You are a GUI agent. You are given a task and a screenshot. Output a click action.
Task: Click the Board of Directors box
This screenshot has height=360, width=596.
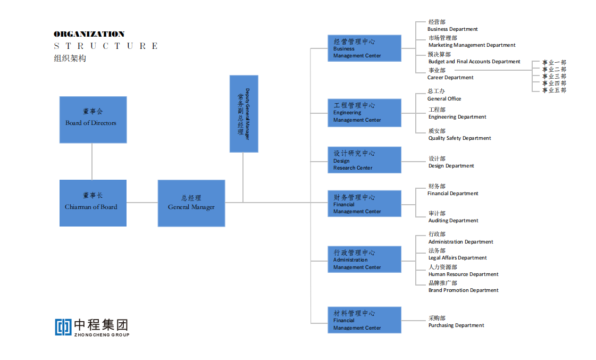click(93, 120)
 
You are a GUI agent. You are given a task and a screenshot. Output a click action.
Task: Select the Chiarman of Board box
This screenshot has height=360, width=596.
click(93, 203)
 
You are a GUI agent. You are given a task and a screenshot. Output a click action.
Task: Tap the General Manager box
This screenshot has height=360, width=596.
click(191, 203)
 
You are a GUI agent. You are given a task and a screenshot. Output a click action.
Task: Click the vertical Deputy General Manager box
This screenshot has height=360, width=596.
click(244, 114)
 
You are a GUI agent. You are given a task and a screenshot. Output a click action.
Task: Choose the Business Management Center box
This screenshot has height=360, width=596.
click(364, 48)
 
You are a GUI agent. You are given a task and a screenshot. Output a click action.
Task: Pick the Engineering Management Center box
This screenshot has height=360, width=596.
click(364, 113)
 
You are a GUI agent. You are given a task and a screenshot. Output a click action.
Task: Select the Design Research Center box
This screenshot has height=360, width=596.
click(364, 160)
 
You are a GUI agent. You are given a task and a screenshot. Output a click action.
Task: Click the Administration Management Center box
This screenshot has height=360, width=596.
click(364, 259)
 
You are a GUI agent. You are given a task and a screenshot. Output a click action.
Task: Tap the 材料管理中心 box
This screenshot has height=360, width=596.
click(364, 320)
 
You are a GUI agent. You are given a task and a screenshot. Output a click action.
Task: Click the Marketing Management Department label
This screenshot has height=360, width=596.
click(472, 45)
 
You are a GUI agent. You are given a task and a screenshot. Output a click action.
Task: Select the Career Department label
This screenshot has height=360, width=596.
click(450, 78)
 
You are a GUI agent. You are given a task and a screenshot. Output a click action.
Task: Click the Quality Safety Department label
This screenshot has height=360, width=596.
click(459, 138)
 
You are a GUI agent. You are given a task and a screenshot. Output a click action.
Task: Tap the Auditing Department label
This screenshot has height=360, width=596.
click(453, 221)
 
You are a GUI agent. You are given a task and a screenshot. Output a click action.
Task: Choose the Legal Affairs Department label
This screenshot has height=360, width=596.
click(457, 258)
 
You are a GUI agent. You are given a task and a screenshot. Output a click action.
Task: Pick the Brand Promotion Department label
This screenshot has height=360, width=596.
click(463, 290)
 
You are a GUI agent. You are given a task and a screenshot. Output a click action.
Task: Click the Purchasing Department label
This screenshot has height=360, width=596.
click(456, 325)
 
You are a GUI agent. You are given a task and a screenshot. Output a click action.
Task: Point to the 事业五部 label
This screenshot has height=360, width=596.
click(554, 90)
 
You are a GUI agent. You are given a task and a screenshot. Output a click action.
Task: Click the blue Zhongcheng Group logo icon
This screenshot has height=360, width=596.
click(63, 326)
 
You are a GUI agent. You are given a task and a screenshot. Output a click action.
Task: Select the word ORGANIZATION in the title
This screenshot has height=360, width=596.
click(89, 34)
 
